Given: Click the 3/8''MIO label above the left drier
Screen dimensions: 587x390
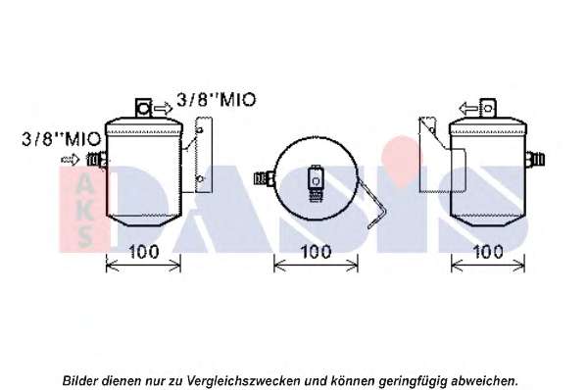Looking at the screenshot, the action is point(217,100).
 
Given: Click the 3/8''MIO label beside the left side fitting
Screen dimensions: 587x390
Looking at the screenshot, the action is point(62,139).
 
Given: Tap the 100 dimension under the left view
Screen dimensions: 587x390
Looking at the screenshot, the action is point(144,252).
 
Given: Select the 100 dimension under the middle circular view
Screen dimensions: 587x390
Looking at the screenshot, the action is point(316,252).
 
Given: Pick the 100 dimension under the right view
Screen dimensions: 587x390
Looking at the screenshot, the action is point(488,252).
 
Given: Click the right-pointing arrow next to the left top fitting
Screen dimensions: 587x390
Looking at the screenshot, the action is point(164,109).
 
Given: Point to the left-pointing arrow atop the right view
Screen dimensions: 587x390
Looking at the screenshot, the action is point(468,109).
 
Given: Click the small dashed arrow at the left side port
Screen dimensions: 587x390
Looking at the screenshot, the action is point(71,160).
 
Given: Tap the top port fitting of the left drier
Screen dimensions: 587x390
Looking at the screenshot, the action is point(143,109).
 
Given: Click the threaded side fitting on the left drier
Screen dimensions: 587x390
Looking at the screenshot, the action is point(97,160).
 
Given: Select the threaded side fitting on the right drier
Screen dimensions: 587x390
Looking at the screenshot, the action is point(535,160).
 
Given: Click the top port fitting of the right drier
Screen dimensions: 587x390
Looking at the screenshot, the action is point(488,109).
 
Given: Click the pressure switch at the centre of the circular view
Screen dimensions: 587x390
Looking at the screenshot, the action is point(316,183).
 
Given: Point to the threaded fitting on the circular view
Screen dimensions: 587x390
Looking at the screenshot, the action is point(265,177).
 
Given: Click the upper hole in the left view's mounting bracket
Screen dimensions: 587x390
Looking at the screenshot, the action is point(200,130).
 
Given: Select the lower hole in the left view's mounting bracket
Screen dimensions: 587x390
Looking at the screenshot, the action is point(200,179).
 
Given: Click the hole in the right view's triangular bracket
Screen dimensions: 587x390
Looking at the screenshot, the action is point(431,130).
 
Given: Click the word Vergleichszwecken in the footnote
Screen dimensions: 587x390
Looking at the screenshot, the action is point(243,381).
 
